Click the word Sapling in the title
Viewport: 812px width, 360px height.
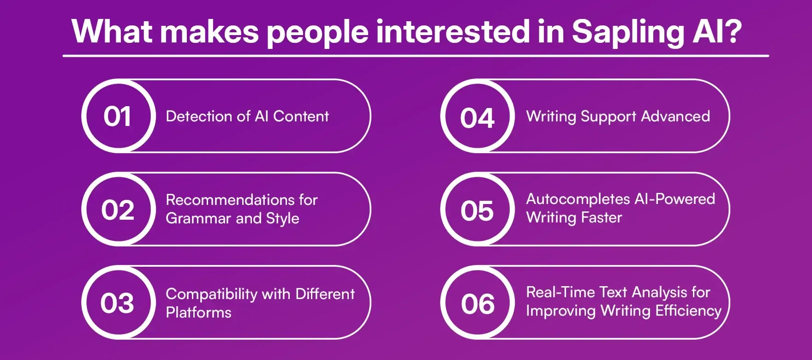627,32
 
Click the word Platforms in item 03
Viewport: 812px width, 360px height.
198,312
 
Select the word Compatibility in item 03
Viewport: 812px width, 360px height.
211,294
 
